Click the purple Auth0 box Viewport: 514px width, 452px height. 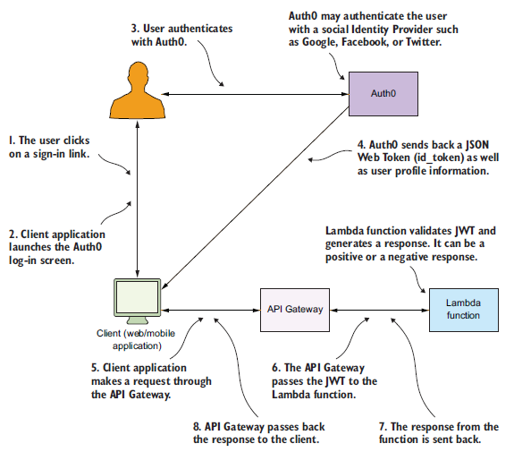click(383, 94)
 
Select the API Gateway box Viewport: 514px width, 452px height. click(295, 310)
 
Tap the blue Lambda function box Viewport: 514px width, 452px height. click(464, 310)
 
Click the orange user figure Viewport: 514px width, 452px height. click(138, 90)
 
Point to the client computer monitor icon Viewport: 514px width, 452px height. click(138, 301)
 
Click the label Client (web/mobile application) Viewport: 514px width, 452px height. click(136, 339)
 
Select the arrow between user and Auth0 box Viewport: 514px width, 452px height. click(256, 94)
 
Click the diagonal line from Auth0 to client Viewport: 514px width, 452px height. click(256, 198)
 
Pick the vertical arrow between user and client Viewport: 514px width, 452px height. click(138, 199)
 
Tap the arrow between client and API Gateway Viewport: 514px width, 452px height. click(211, 310)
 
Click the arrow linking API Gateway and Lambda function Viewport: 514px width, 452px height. click(380, 310)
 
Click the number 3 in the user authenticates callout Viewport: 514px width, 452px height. click(135, 29)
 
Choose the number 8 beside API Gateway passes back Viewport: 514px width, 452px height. click(197, 427)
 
